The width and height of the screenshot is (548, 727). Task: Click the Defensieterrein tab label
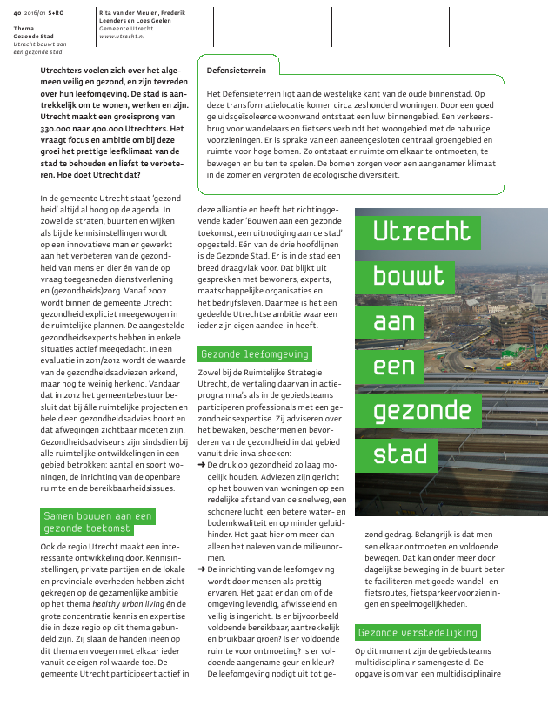click(237, 69)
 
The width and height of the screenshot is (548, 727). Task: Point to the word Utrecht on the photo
click(422, 231)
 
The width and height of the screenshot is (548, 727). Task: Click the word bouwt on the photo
click(409, 276)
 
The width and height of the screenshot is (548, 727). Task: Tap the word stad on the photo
click(400, 453)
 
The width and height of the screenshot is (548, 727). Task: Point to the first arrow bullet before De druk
click(202, 467)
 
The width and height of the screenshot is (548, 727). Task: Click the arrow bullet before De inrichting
click(202, 568)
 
